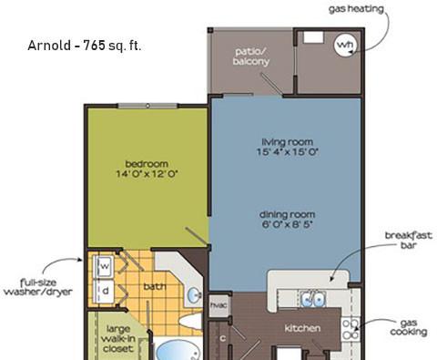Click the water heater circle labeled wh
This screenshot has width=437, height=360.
tap(345, 45)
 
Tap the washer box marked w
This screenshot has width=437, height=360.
tap(105, 266)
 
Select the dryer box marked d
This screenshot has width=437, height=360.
tap(105, 291)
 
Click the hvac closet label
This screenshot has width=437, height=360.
tap(218, 304)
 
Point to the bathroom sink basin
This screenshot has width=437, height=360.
tap(194, 295)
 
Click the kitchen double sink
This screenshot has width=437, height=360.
tap(313, 299)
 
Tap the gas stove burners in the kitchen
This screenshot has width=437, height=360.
tap(351, 329)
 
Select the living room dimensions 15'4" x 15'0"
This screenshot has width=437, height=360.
tap(287, 151)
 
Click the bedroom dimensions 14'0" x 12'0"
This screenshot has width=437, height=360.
tap(147, 174)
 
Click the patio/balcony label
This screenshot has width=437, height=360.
tap(251, 57)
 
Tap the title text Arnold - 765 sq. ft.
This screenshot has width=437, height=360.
tap(85, 46)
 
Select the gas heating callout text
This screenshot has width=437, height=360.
tap(357, 9)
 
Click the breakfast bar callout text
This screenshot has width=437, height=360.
tap(409, 240)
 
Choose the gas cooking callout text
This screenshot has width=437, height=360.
tap(409, 327)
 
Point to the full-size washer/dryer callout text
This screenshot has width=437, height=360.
tap(38, 287)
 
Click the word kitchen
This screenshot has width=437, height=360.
tap(302, 328)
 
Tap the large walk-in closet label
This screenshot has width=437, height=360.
tap(118, 338)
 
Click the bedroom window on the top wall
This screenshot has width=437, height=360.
tap(147, 106)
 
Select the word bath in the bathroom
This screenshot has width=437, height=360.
tap(155, 286)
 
